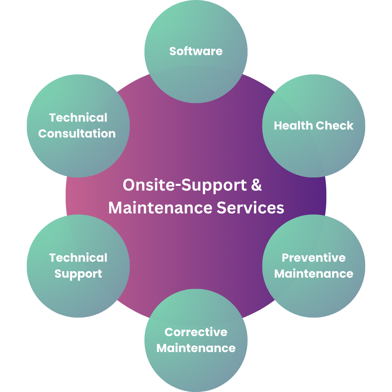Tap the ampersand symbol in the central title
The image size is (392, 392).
click(256, 185)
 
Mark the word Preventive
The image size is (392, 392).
click(314, 258)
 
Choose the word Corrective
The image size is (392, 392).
click(196, 332)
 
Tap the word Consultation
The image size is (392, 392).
click(77, 134)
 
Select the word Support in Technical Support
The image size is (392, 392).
click(78, 274)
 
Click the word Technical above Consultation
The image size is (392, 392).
click(78, 118)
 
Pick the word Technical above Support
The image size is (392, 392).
click(78, 258)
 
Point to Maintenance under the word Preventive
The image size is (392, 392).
click(314, 274)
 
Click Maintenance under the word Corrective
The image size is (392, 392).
click(196, 348)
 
